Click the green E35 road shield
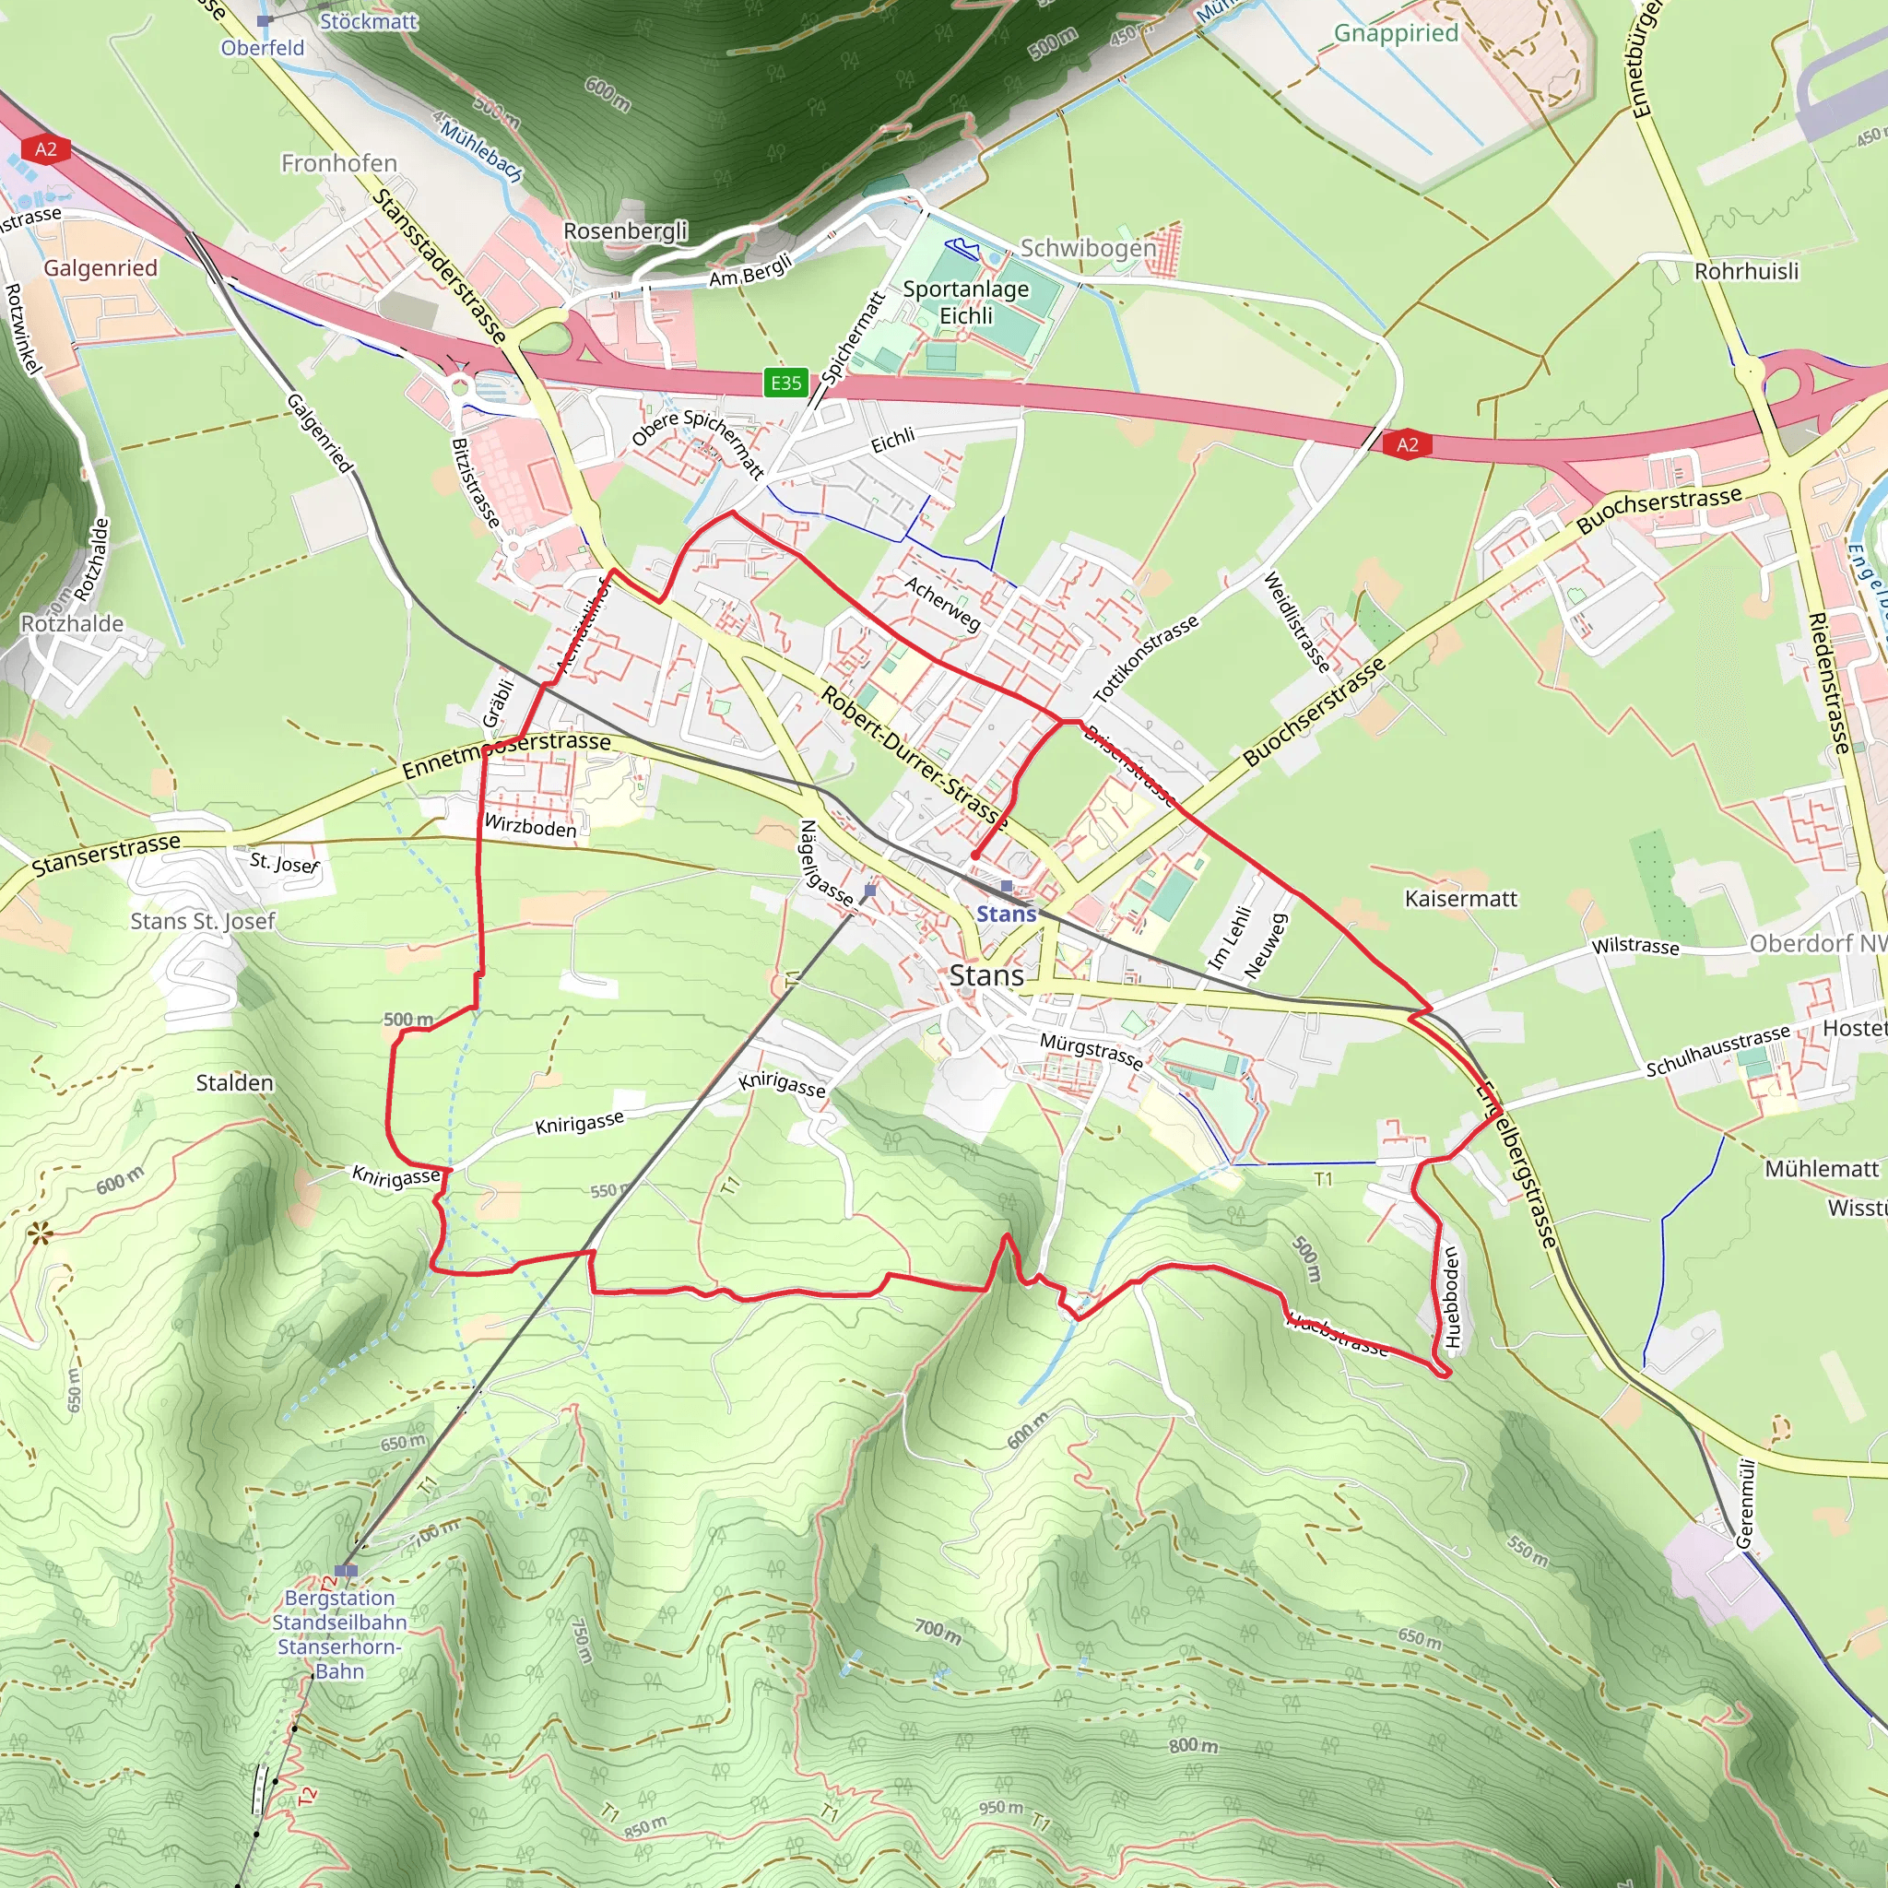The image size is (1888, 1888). pyautogui.click(x=785, y=383)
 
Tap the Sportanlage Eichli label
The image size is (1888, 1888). pyautogui.click(x=965, y=302)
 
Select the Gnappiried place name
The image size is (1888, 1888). pyautogui.click(x=1396, y=33)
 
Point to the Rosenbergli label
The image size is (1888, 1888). pyautogui.click(x=625, y=231)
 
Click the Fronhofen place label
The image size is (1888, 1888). pyautogui.click(x=339, y=163)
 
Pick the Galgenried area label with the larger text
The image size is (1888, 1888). pyautogui.click(x=100, y=267)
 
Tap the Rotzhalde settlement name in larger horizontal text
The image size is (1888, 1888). pyautogui.click(x=72, y=623)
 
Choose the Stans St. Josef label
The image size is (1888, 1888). pyautogui.click(x=203, y=921)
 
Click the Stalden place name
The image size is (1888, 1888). pyautogui.click(x=234, y=1083)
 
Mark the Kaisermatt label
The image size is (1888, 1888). pyautogui.click(x=1461, y=899)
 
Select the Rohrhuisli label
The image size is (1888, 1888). pyautogui.click(x=1746, y=272)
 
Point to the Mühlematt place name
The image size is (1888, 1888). pyautogui.click(x=1822, y=1169)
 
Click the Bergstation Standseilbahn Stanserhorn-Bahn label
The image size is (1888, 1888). pyautogui.click(x=339, y=1634)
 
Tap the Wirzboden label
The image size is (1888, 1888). pyautogui.click(x=531, y=827)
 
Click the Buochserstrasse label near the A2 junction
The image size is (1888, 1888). pyautogui.click(x=1658, y=508)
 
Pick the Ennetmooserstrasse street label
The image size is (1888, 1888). pyautogui.click(x=506, y=753)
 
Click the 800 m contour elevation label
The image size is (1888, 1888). pyautogui.click(x=1193, y=1745)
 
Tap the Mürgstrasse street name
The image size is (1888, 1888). pyautogui.click(x=1091, y=1051)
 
